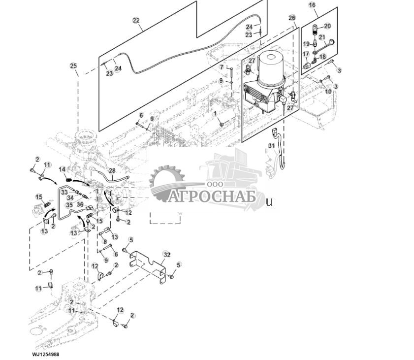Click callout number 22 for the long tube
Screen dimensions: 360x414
click(136, 21)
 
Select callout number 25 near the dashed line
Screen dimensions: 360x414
click(73, 65)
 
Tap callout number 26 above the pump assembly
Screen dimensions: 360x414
click(292, 18)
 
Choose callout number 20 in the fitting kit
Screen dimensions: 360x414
click(327, 26)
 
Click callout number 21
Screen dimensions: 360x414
click(321, 37)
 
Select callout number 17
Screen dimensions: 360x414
click(305, 54)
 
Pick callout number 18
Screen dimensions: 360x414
click(323, 57)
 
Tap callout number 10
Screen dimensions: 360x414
click(328, 92)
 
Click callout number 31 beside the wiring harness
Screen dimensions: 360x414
click(271, 145)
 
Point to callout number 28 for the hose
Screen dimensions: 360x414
click(112, 170)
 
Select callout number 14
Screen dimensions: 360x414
click(63, 169)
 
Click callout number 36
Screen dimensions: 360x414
click(80, 205)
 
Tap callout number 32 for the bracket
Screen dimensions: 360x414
click(167, 255)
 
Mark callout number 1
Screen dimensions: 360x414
click(215, 113)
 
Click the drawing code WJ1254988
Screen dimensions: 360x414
click(46, 354)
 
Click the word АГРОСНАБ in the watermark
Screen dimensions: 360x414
click(213, 197)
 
